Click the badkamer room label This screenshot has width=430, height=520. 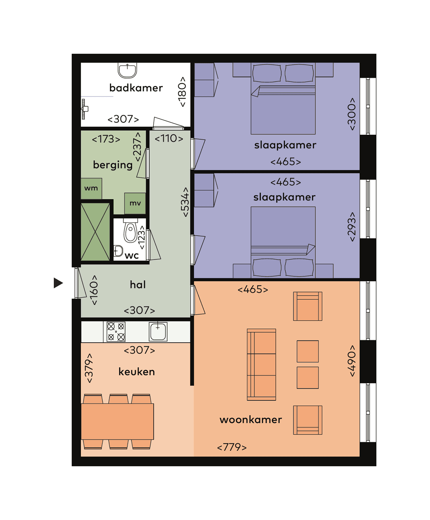click(x=136, y=88)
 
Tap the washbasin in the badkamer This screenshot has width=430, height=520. click(x=127, y=70)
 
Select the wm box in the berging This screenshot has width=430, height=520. click(x=91, y=188)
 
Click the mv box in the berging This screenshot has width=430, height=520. click(x=135, y=203)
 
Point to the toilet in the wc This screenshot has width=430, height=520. click(x=130, y=232)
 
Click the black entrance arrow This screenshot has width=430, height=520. click(x=58, y=283)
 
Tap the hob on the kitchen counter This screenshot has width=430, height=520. click(x=116, y=332)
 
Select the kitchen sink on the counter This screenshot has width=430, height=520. click(x=158, y=331)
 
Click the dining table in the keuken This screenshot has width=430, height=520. click(x=117, y=422)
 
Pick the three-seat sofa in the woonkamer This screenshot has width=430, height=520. click(x=262, y=365)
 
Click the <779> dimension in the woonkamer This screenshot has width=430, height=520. click(x=232, y=447)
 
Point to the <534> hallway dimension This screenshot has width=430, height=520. click(x=185, y=202)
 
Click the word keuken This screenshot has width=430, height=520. click(x=137, y=372)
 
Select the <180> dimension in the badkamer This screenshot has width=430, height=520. click(x=182, y=92)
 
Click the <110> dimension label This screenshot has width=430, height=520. click(x=169, y=139)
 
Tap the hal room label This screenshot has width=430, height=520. click(x=138, y=285)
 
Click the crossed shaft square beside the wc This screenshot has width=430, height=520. click(x=96, y=232)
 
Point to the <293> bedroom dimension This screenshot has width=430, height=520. click(x=352, y=226)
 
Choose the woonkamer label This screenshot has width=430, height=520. click(x=251, y=420)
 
